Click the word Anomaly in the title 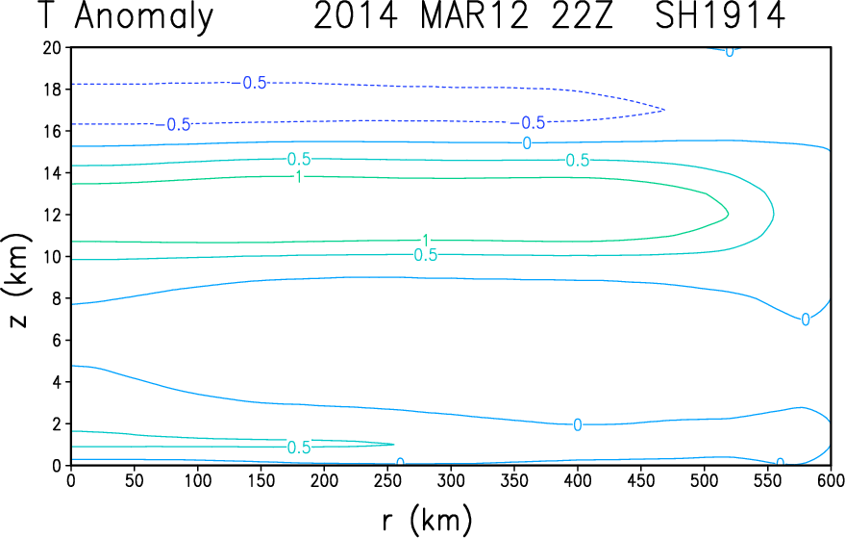click(144, 17)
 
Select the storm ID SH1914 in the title click(719, 15)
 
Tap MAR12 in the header click(474, 15)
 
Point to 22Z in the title click(583, 15)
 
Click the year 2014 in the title click(355, 15)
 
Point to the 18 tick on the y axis click(52, 90)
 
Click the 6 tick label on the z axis click(57, 341)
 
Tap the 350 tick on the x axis click(514, 479)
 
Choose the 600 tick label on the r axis click(830, 479)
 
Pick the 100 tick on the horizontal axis click(197, 479)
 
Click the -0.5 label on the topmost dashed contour click(250, 83)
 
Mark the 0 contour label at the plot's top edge click(730, 52)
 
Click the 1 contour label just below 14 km click(299, 176)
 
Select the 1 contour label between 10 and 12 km click(426, 241)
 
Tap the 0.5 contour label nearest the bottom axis click(299, 448)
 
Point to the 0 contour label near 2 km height click(577, 425)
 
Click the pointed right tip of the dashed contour click(664, 110)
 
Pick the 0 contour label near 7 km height click(806, 320)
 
